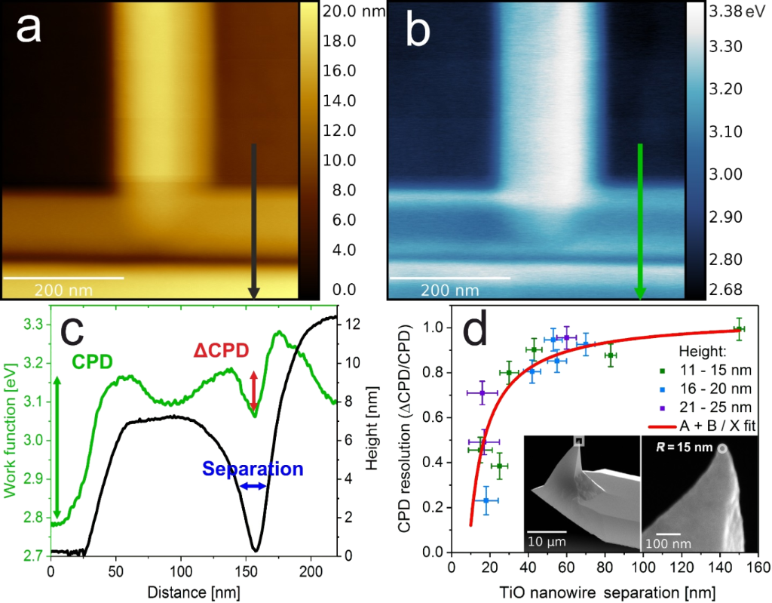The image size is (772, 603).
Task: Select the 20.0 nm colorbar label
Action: [x=354, y=11]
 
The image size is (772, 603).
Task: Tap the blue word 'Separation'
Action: [x=253, y=469]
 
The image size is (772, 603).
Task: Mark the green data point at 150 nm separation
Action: [x=740, y=329]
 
